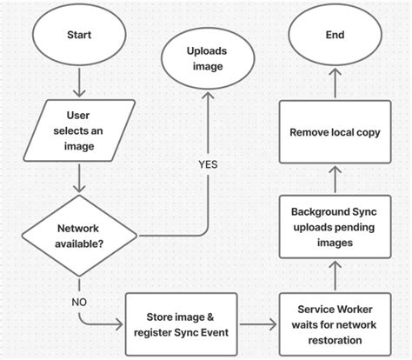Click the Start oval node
tap(78, 37)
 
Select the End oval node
tap(335, 37)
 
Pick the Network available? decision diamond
tap(78, 235)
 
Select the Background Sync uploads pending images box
tap(335, 228)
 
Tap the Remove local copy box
tap(335, 133)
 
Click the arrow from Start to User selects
tap(78, 83)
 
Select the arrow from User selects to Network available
tap(78, 178)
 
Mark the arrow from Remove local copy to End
tap(335, 85)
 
